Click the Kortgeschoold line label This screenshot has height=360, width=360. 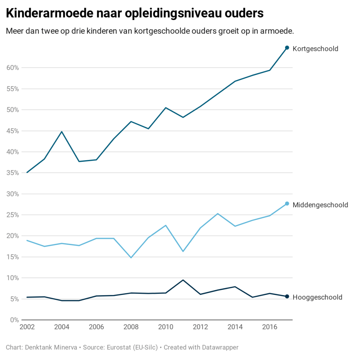tap(315, 49)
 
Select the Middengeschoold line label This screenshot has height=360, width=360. tap(320, 205)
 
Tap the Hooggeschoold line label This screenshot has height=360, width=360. tap(317, 297)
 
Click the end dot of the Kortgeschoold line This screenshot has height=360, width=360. tap(287, 47)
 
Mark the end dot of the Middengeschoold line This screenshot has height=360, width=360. tap(287, 204)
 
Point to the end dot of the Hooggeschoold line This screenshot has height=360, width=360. tap(287, 296)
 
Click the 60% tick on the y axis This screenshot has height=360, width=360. tap(12, 67)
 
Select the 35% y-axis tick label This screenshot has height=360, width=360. tap(12, 173)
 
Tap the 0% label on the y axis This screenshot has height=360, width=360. tap(14, 320)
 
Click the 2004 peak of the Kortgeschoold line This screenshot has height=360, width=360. tap(62, 131)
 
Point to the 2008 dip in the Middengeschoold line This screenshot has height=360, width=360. tap(131, 258)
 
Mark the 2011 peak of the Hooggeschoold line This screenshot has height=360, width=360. tap(183, 280)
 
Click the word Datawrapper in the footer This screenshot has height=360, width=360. tap(220, 347)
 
